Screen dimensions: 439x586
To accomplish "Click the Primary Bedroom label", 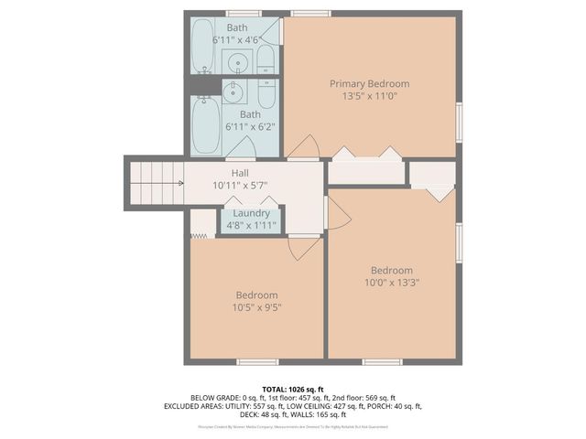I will click(369, 83).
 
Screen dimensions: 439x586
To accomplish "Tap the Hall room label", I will click(240, 172).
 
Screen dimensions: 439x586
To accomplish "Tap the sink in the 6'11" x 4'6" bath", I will click(237, 63).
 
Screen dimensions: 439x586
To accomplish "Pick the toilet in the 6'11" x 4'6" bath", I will click(266, 62).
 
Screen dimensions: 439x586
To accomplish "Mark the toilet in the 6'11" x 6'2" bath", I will click(266, 91).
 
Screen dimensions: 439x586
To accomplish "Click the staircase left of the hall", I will click(156, 182).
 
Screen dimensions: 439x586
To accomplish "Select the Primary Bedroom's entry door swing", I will click(304, 146).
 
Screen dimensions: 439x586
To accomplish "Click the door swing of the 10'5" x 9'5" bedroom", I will click(303, 247).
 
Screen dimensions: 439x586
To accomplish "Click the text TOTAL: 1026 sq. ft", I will click(293, 389).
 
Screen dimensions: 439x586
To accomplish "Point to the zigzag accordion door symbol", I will click(201, 236).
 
